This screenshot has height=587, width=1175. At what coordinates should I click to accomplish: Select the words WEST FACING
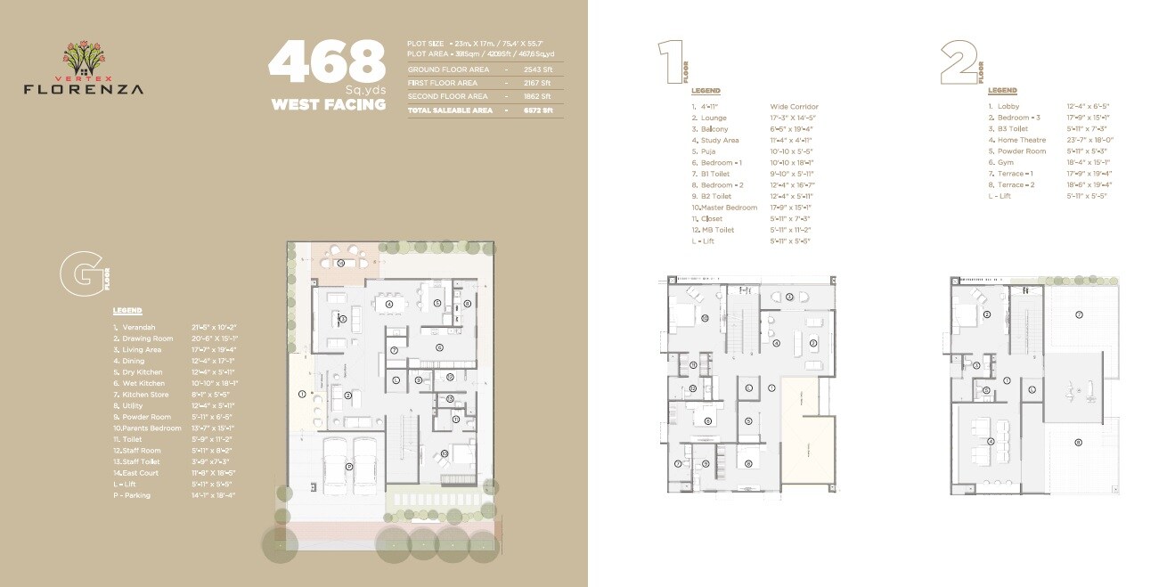pyautogui.click(x=328, y=105)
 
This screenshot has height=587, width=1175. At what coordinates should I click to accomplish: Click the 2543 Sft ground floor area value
pyautogui.click(x=537, y=69)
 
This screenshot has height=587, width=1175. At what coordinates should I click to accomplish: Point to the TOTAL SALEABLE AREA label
pyautogui.click(x=450, y=110)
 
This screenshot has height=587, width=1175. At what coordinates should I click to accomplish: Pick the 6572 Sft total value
pyautogui.click(x=537, y=110)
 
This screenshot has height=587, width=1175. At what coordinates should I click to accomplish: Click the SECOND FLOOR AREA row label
pyautogui.click(x=447, y=96)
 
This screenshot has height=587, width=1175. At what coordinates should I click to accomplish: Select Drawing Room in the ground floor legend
pyautogui.click(x=147, y=338)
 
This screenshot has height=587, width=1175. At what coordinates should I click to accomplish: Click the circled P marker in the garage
pyautogui.click(x=349, y=466)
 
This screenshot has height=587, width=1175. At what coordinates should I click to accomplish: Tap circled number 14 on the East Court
pyautogui.click(x=340, y=263)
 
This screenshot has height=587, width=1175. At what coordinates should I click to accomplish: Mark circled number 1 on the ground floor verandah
pyautogui.click(x=302, y=394)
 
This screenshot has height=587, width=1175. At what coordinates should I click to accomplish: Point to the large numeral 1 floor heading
pyautogui.click(x=670, y=61)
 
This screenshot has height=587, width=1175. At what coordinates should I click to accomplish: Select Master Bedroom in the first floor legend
pyautogui.click(x=724, y=208)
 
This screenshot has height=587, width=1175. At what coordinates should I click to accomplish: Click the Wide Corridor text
pyautogui.click(x=794, y=107)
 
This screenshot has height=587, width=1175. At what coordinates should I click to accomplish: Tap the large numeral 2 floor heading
pyautogui.click(x=959, y=61)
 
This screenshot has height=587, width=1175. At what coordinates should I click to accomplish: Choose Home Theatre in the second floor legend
pyautogui.click(x=1021, y=140)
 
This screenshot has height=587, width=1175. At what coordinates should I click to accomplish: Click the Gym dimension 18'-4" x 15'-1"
pyautogui.click(x=1089, y=162)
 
